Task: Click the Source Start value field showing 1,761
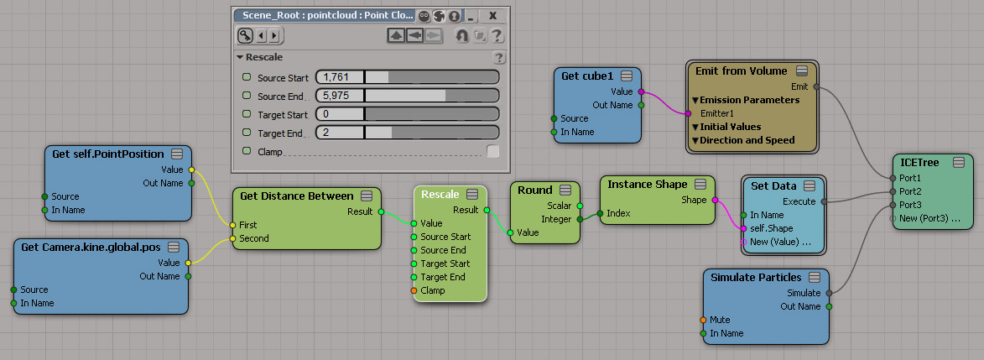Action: coord(339,77)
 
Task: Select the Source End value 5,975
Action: coord(339,96)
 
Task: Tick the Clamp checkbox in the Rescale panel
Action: coord(493,151)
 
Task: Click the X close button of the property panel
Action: coord(492,15)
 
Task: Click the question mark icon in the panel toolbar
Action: coord(497,35)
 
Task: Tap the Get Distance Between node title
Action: coord(296,196)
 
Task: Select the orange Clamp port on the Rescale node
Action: coord(414,290)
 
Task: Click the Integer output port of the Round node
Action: coord(579,219)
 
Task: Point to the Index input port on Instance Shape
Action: coord(601,213)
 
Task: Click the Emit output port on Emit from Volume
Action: coord(816,86)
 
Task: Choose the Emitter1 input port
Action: coord(688,113)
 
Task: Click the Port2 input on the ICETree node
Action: coord(892,191)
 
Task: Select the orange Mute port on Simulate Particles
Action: coord(704,320)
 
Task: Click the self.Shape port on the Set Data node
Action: coord(743,228)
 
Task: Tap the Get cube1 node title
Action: coord(586,76)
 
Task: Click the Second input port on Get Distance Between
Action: coord(233,238)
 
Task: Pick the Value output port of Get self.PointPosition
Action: coord(190,170)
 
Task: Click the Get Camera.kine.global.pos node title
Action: coord(91,247)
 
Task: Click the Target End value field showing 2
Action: coord(339,133)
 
